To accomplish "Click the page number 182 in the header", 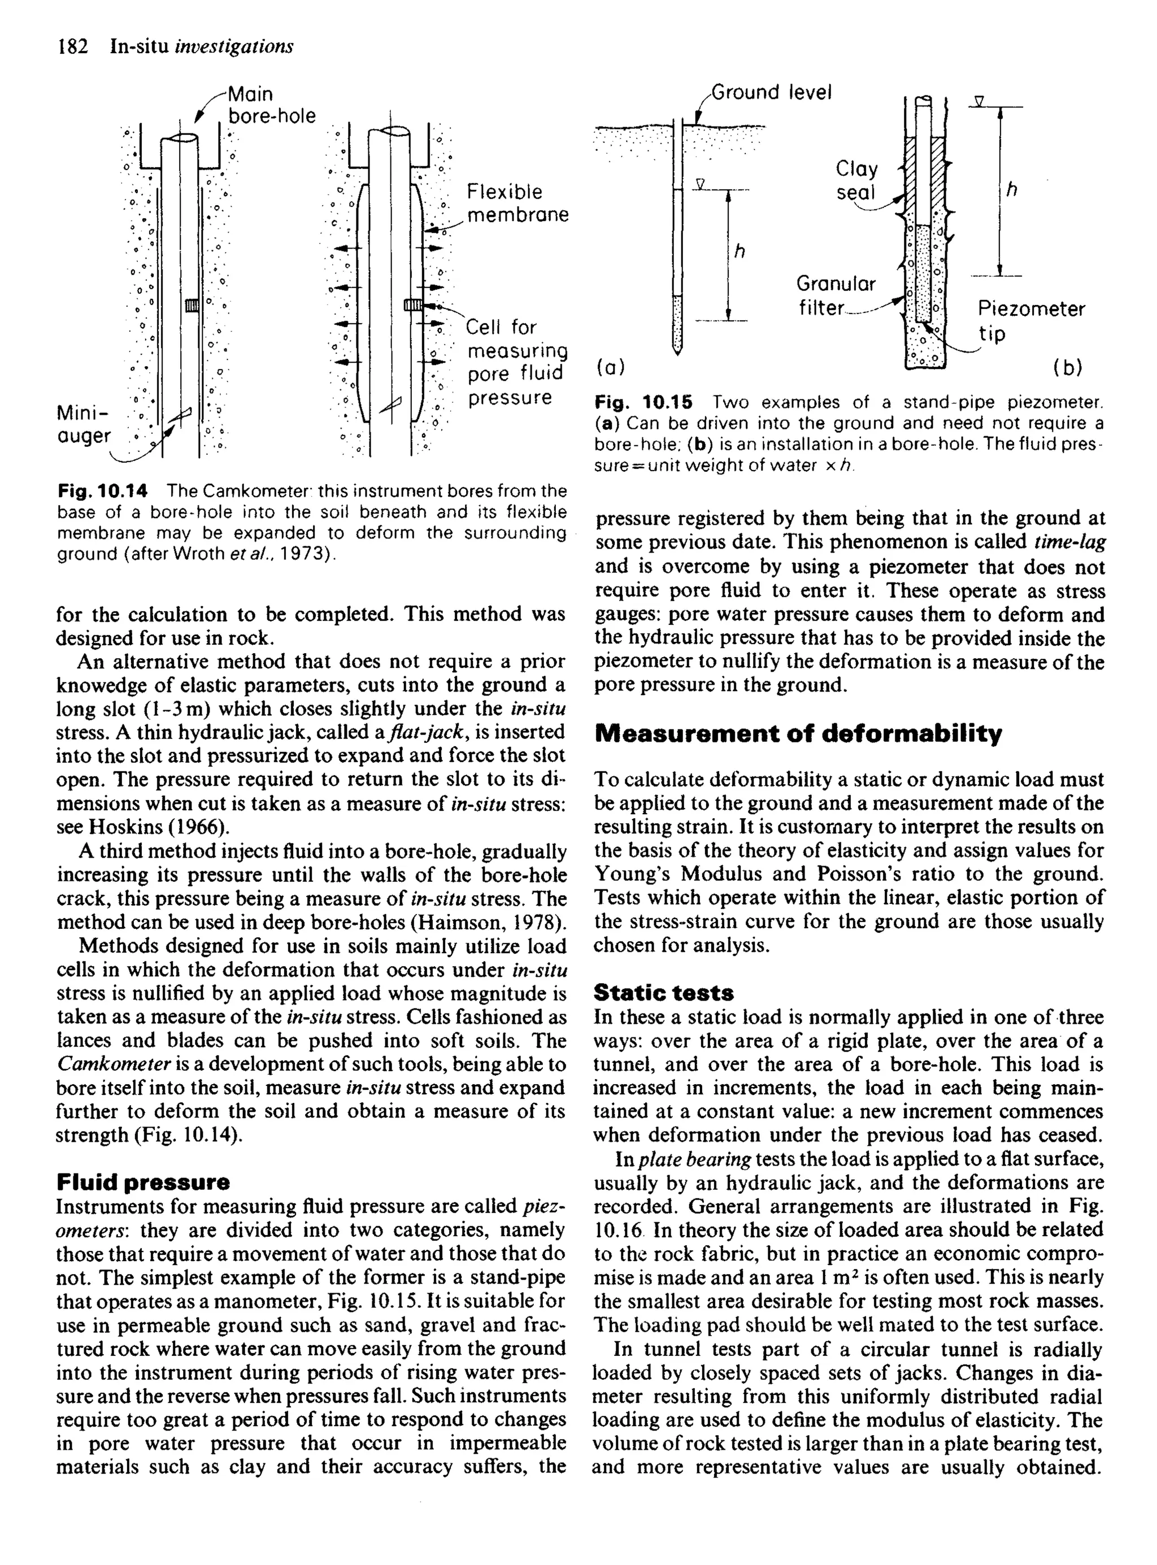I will (72, 47).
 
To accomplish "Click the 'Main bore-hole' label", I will (271, 105).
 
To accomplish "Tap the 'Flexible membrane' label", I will (517, 203).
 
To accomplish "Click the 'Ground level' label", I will (771, 93).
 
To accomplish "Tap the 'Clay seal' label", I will (856, 180).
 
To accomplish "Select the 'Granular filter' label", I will (836, 295).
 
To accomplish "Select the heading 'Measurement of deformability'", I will (798, 734).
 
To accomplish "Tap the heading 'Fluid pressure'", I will (143, 1183).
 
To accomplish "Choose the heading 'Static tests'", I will (663, 993).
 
